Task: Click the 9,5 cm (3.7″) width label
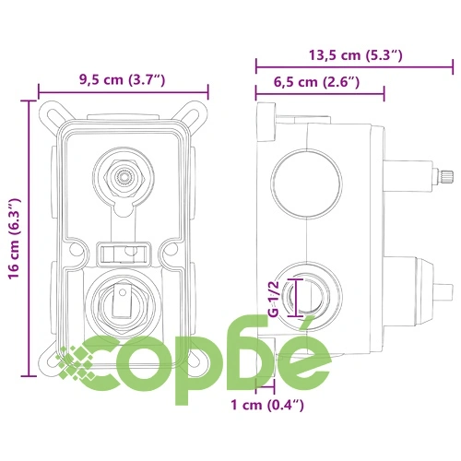pos(123,80)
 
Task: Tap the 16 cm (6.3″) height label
pos(15,239)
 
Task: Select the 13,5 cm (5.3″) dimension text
pos(356,55)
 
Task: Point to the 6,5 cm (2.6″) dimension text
pos(316,82)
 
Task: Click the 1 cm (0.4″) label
pos(267,405)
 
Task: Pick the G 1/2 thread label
pos(273,299)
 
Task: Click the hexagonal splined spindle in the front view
pos(124,177)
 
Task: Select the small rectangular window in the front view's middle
pos(124,254)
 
